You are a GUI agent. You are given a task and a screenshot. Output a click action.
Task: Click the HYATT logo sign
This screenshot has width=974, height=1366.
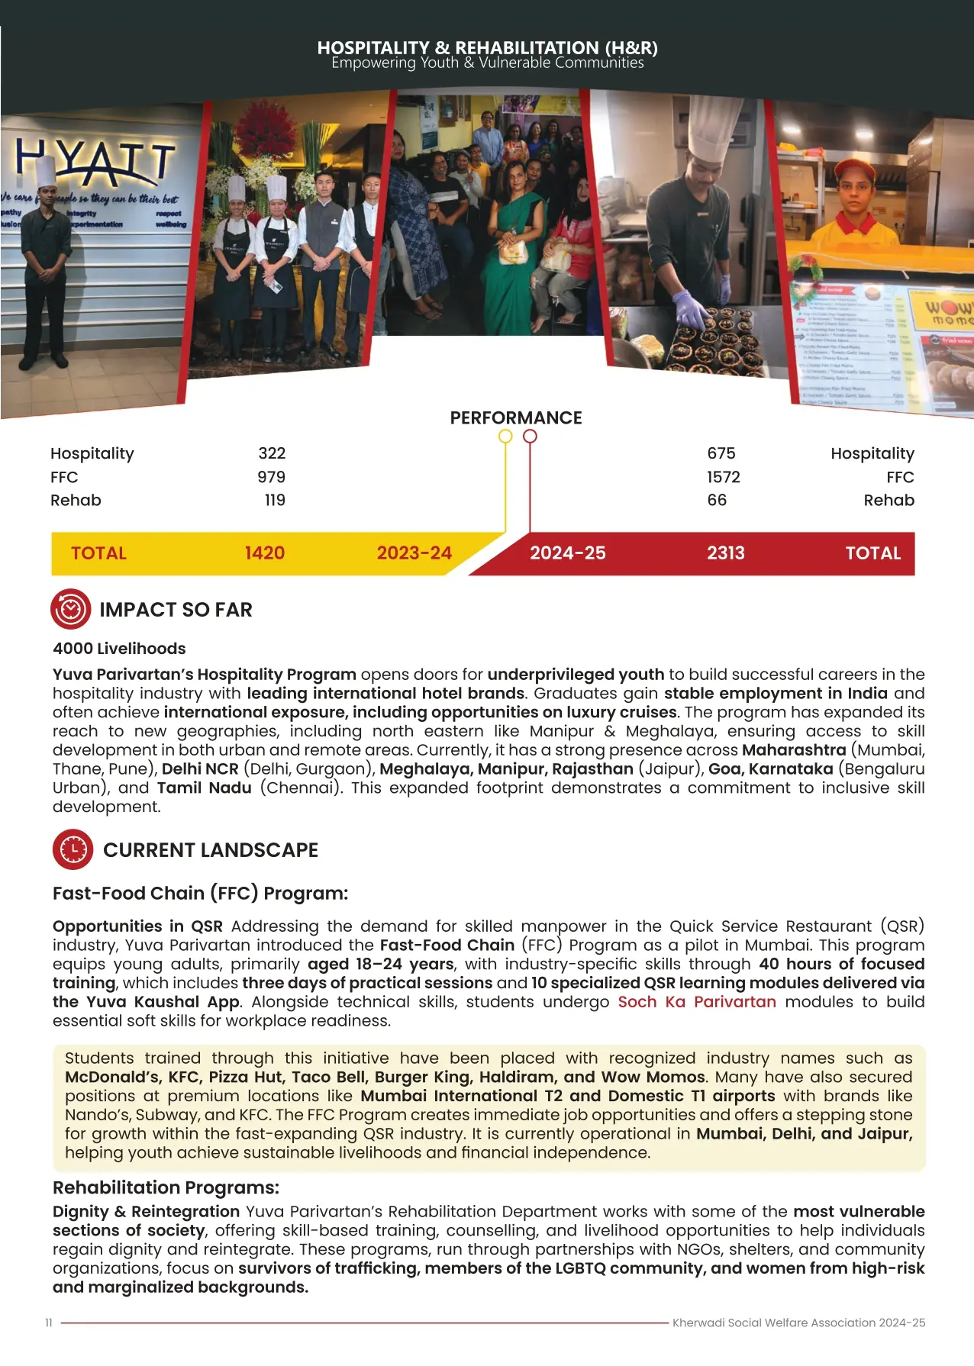click(x=96, y=162)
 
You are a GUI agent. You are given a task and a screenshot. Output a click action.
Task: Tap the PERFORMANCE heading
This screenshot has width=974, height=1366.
click(x=516, y=417)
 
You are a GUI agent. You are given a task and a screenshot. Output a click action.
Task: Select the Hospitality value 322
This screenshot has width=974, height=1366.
click(x=272, y=453)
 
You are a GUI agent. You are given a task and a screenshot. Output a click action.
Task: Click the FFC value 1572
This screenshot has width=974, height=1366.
click(x=723, y=477)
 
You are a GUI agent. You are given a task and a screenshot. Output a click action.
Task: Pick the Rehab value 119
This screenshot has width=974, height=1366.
click(x=275, y=500)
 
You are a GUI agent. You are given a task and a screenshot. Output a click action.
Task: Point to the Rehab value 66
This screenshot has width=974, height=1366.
click(x=717, y=500)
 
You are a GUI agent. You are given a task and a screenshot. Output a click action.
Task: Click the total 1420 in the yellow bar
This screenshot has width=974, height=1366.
click(x=265, y=553)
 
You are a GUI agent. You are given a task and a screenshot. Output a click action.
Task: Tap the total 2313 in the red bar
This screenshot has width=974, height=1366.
click(x=725, y=553)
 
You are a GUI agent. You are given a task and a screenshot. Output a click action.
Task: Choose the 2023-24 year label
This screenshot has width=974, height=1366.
click(x=414, y=553)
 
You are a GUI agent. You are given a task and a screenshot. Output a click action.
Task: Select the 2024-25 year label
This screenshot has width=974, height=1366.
click(x=568, y=553)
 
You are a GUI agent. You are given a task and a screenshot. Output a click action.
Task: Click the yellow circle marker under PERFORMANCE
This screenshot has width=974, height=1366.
click(x=505, y=436)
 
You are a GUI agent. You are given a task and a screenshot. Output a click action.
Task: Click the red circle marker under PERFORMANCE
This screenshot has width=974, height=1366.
click(x=530, y=436)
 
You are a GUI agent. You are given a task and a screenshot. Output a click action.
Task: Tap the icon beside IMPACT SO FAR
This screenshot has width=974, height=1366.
click(x=71, y=609)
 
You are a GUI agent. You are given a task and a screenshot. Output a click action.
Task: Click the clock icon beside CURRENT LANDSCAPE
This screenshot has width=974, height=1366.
click(x=73, y=849)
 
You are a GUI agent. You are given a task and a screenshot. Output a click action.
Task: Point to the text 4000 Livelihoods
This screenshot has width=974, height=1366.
click(x=119, y=649)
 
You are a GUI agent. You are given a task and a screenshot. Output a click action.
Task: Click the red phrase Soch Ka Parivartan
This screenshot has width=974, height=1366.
click(x=696, y=1001)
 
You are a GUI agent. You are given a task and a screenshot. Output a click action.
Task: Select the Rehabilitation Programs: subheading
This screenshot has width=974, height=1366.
click(x=166, y=1187)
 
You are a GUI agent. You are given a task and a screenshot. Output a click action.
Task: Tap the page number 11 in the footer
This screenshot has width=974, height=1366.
click(x=49, y=1323)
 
